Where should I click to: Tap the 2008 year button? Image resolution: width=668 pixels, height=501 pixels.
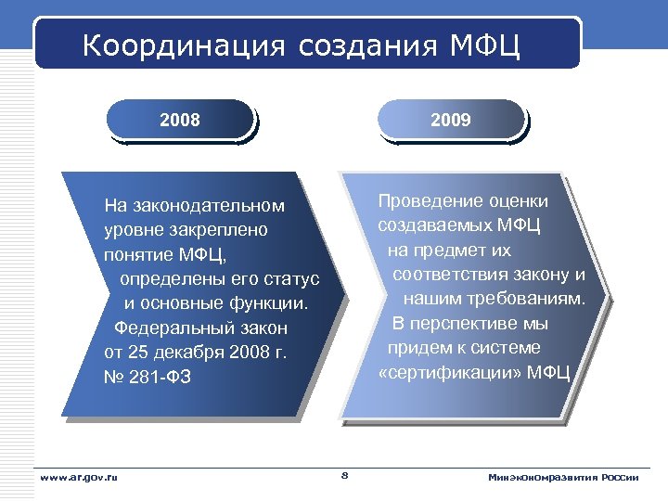[x=180, y=120]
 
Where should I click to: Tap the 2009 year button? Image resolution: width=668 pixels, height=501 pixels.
[x=451, y=120]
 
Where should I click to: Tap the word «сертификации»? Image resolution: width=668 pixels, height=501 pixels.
[x=449, y=373]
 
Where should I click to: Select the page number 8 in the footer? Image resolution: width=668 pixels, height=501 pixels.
[x=344, y=476]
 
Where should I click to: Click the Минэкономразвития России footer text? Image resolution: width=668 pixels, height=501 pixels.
[x=563, y=477]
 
